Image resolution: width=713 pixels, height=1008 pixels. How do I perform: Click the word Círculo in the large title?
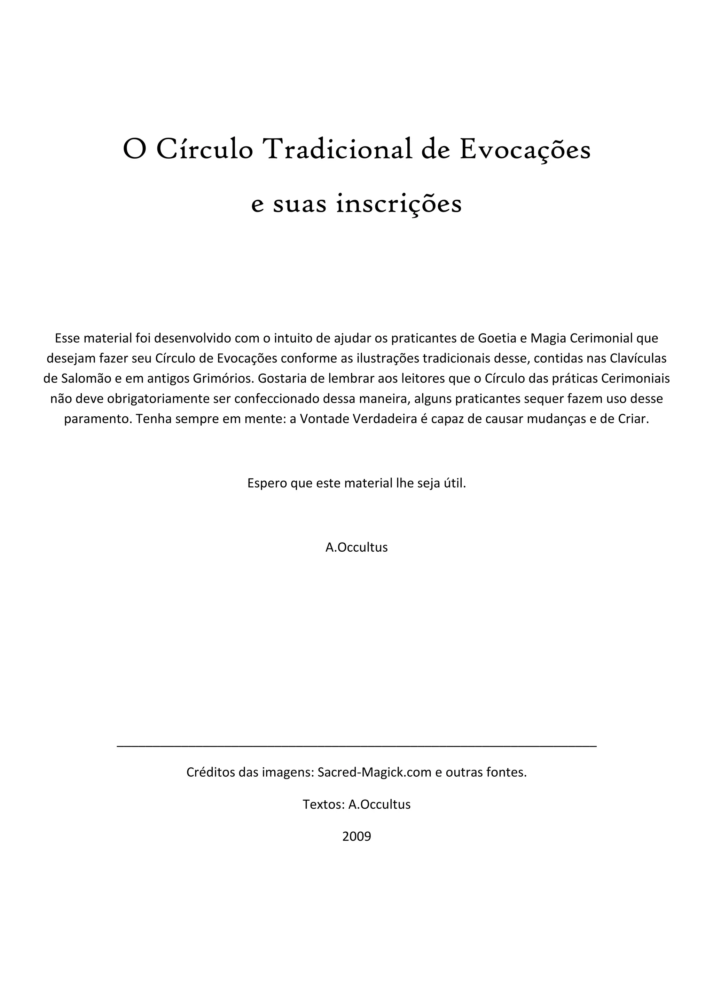pyautogui.click(x=205, y=150)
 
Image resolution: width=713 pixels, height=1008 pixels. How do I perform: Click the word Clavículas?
pyautogui.click(x=638, y=359)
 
